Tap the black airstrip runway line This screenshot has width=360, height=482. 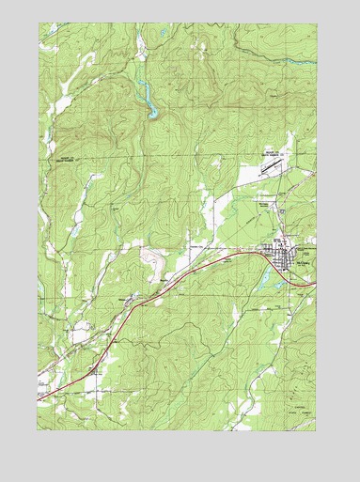click(271, 165)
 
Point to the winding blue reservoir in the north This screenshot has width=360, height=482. click(146, 98)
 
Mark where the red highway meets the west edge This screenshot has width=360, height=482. click(39, 398)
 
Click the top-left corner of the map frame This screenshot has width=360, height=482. click(39, 23)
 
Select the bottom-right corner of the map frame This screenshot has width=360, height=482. click(316, 430)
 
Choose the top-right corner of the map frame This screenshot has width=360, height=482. click(316, 23)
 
